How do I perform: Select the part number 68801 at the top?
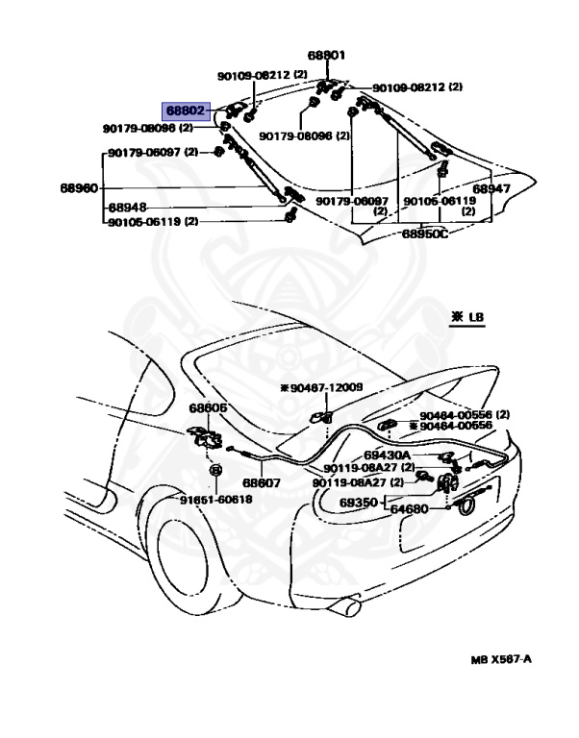click(x=326, y=56)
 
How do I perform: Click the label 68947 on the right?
click(x=491, y=189)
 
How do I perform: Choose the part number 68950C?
click(x=425, y=234)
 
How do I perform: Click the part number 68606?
click(x=207, y=408)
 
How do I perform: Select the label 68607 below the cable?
click(x=261, y=483)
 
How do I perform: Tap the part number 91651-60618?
click(x=215, y=500)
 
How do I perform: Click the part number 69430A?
click(x=387, y=455)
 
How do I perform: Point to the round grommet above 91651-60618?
click(x=215, y=472)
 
